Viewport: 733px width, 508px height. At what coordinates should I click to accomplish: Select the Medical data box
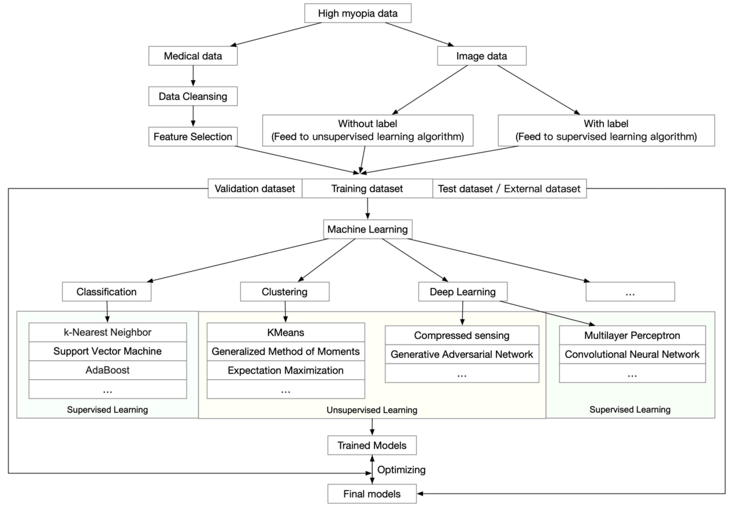pyautogui.click(x=193, y=56)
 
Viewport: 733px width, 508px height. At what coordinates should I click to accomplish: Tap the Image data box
pyautogui.click(x=481, y=56)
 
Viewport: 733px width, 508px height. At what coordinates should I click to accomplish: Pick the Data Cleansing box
pyautogui.click(x=193, y=96)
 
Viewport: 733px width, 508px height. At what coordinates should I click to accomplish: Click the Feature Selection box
pyautogui.click(x=193, y=136)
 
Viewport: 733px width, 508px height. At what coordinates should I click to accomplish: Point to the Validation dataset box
pyautogui.click(x=255, y=188)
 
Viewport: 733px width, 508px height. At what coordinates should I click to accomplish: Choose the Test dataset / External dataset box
pyautogui.click(x=509, y=188)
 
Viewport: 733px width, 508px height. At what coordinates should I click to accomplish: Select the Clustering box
pyautogui.click(x=284, y=292)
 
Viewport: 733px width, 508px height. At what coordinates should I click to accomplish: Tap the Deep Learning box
pyautogui.click(x=462, y=292)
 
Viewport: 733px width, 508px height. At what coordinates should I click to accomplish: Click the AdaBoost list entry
pyautogui.click(x=108, y=370)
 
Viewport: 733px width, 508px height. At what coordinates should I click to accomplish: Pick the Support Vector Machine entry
pyautogui.click(x=108, y=351)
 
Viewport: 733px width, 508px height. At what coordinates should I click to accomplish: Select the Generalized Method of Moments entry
pyautogui.click(x=286, y=351)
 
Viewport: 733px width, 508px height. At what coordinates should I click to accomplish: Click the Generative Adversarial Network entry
pyautogui.click(x=462, y=354)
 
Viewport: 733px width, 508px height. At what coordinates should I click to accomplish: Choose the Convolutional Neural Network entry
pyautogui.click(x=632, y=354)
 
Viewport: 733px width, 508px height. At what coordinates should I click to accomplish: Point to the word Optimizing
pyautogui.click(x=401, y=470)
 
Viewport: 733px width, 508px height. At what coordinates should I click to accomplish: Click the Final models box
pyautogui.click(x=372, y=494)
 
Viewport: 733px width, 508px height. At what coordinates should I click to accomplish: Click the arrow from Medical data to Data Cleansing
pyautogui.click(x=193, y=76)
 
